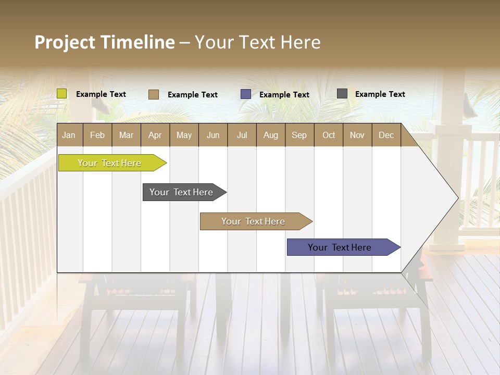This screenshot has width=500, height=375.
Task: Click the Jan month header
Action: click(x=69, y=135)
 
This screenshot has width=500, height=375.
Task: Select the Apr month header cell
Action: click(x=155, y=135)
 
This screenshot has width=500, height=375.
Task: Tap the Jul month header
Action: click(x=242, y=135)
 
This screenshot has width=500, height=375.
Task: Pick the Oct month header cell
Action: click(x=328, y=135)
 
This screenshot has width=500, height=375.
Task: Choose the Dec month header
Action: click(x=386, y=135)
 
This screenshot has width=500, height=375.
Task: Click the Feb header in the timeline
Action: click(x=97, y=135)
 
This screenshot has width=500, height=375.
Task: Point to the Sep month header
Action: click(x=299, y=135)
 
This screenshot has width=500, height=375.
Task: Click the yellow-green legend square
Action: click(x=62, y=94)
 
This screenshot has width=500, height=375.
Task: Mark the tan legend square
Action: click(x=154, y=94)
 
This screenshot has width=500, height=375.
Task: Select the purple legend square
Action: click(x=246, y=94)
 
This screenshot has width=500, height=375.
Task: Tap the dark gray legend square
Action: click(x=342, y=94)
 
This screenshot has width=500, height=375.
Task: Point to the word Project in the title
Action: click(x=65, y=42)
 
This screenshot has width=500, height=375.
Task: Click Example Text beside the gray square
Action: click(x=380, y=94)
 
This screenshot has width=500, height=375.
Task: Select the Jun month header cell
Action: click(x=213, y=135)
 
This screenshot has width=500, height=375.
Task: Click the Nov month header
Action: click(x=357, y=135)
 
